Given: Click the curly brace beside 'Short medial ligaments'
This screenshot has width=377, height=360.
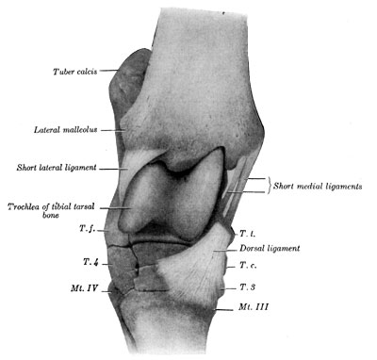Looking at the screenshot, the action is click(270, 186).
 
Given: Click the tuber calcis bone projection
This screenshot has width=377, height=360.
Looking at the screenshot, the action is click(125, 80).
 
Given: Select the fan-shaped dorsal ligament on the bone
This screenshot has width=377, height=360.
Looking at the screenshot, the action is click(188, 269).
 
